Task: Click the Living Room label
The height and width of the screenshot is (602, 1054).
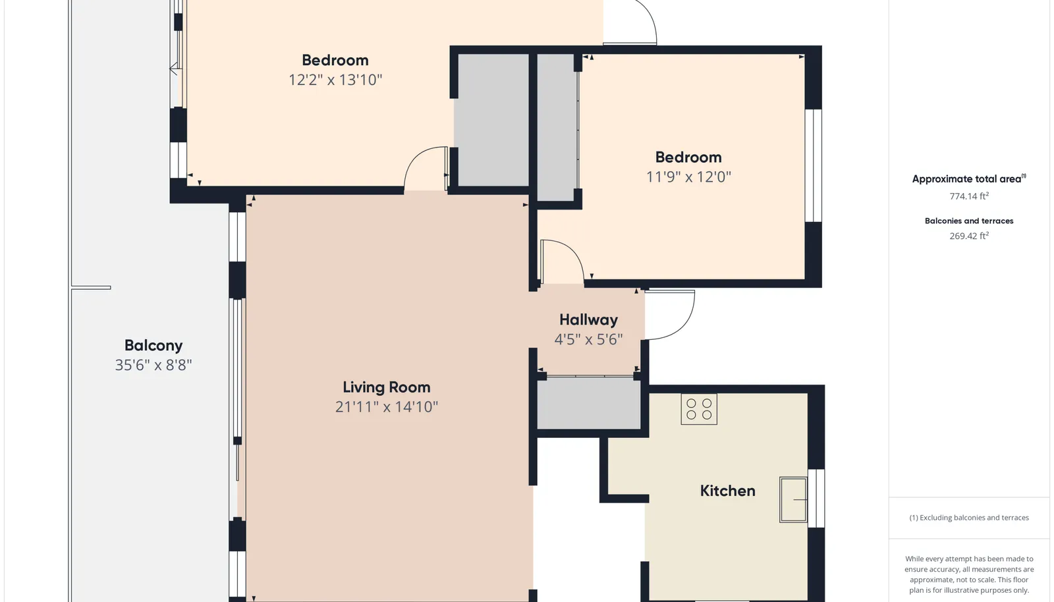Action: [386, 387]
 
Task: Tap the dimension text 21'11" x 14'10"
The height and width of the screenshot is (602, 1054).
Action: [386, 406]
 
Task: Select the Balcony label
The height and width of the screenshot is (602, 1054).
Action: [153, 346]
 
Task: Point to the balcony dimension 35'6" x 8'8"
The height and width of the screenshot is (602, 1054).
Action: [153, 365]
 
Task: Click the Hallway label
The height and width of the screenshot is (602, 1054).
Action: [589, 320]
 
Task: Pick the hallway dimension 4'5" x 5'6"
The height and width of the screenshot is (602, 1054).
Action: [589, 339]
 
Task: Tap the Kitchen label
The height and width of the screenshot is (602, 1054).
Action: [727, 491]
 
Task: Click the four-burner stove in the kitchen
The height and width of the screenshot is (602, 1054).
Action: [699, 409]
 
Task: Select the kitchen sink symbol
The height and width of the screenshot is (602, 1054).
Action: [793, 499]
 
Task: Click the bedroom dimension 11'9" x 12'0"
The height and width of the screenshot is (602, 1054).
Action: [688, 177]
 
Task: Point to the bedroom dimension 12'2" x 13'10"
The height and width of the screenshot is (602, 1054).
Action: [335, 80]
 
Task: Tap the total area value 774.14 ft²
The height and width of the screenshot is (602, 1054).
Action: [969, 196]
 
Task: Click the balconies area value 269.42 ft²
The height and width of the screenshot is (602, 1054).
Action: [969, 236]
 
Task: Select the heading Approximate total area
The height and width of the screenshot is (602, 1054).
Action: [969, 178]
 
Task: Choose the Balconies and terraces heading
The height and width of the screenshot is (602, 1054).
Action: [969, 221]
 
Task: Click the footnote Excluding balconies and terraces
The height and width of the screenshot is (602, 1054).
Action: [969, 518]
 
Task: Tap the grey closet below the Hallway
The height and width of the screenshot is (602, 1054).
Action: [589, 403]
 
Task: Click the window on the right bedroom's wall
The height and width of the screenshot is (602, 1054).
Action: [814, 165]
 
